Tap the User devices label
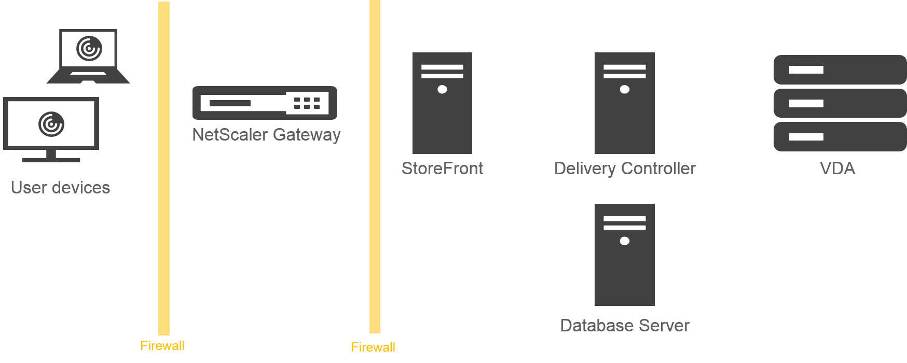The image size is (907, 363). tap(61, 187)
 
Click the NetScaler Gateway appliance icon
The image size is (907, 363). tap(265, 103)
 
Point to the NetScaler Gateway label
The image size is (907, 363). tap(266, 134)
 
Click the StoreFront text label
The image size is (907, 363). tap(442, 168)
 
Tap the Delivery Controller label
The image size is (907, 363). tap(624, 168)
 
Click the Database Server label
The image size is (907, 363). tap(624, 325)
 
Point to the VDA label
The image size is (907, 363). tap(837, 168)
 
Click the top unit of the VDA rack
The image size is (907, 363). tap(840, 69)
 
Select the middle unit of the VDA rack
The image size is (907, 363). tap(840, 103)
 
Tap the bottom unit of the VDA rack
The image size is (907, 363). tap(840, 137)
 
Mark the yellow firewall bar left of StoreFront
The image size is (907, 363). tap(375, 166)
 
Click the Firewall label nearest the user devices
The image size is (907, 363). tap(162, 345)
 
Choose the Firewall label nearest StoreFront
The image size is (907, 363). tap(373, 347)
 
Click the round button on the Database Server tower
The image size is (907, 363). tap(625, 241)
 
